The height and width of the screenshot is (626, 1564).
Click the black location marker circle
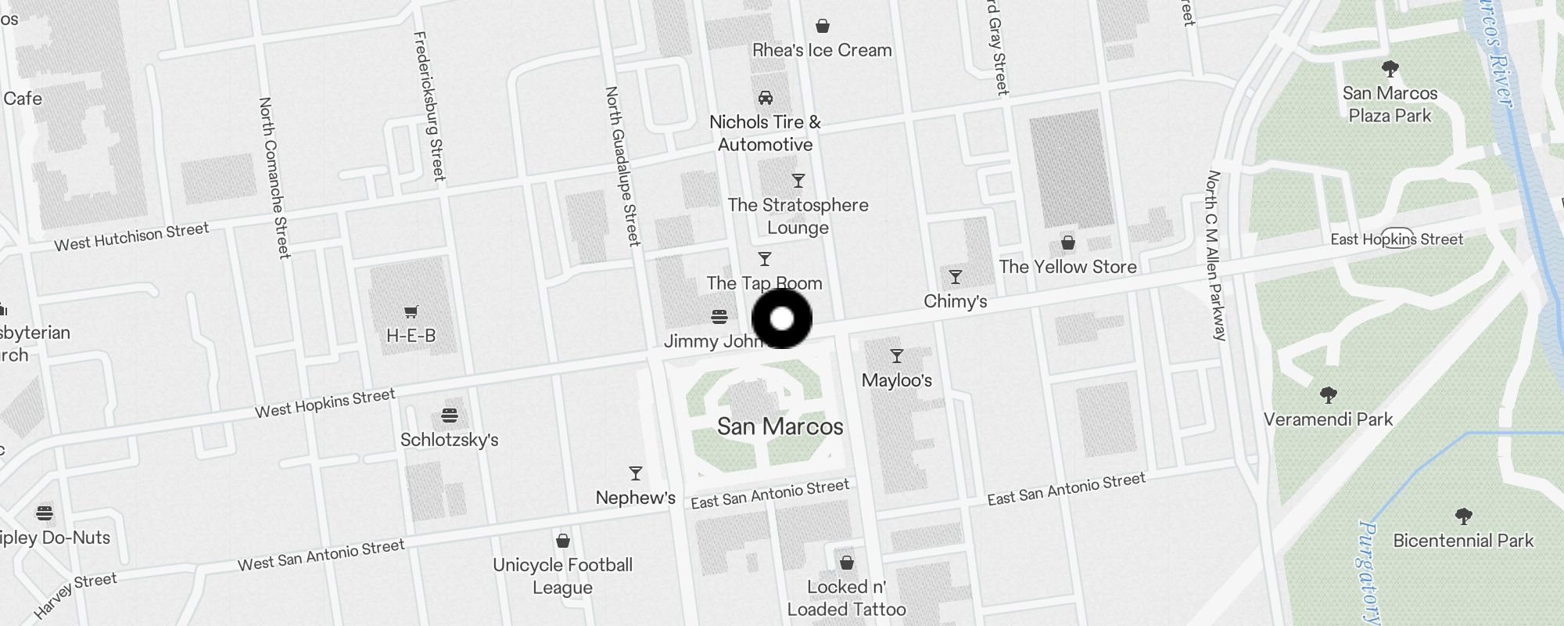(782, 318)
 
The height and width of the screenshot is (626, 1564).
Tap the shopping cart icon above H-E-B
(411, 311)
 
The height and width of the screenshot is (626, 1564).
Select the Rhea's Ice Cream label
(822, 50)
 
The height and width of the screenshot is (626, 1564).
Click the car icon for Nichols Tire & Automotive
(766, 98)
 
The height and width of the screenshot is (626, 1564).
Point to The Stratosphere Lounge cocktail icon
(798, 181)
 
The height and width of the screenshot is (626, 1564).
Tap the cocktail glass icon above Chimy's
(955, 277)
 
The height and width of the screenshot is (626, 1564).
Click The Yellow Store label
(1067, 267)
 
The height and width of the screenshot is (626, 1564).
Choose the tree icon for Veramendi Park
(1328, 394)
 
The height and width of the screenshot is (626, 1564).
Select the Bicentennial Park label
(1463, 541)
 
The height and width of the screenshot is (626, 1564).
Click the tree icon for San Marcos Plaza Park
(1390, 69)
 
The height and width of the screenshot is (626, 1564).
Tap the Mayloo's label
(897, 380)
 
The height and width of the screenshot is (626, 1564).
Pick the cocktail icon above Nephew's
(636, 473)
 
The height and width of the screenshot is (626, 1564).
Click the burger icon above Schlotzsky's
(450, 415)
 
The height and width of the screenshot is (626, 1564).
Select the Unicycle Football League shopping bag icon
(562, 541)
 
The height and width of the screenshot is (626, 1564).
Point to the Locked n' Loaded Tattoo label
(846, 598)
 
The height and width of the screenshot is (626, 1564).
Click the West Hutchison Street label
(131, 236)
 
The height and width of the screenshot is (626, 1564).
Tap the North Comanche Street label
(274, 178)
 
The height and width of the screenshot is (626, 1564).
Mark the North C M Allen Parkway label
(1216, 255)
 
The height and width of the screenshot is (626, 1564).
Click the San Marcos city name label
(780, 426)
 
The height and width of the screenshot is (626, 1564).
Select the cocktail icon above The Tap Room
(765, 259)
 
